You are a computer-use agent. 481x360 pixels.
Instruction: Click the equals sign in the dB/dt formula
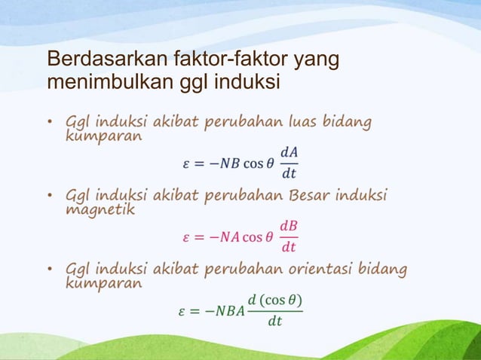pos(200,237)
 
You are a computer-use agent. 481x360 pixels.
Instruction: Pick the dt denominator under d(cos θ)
pos(275,322)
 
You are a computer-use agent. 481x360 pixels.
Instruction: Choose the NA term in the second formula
pos(228,237)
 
